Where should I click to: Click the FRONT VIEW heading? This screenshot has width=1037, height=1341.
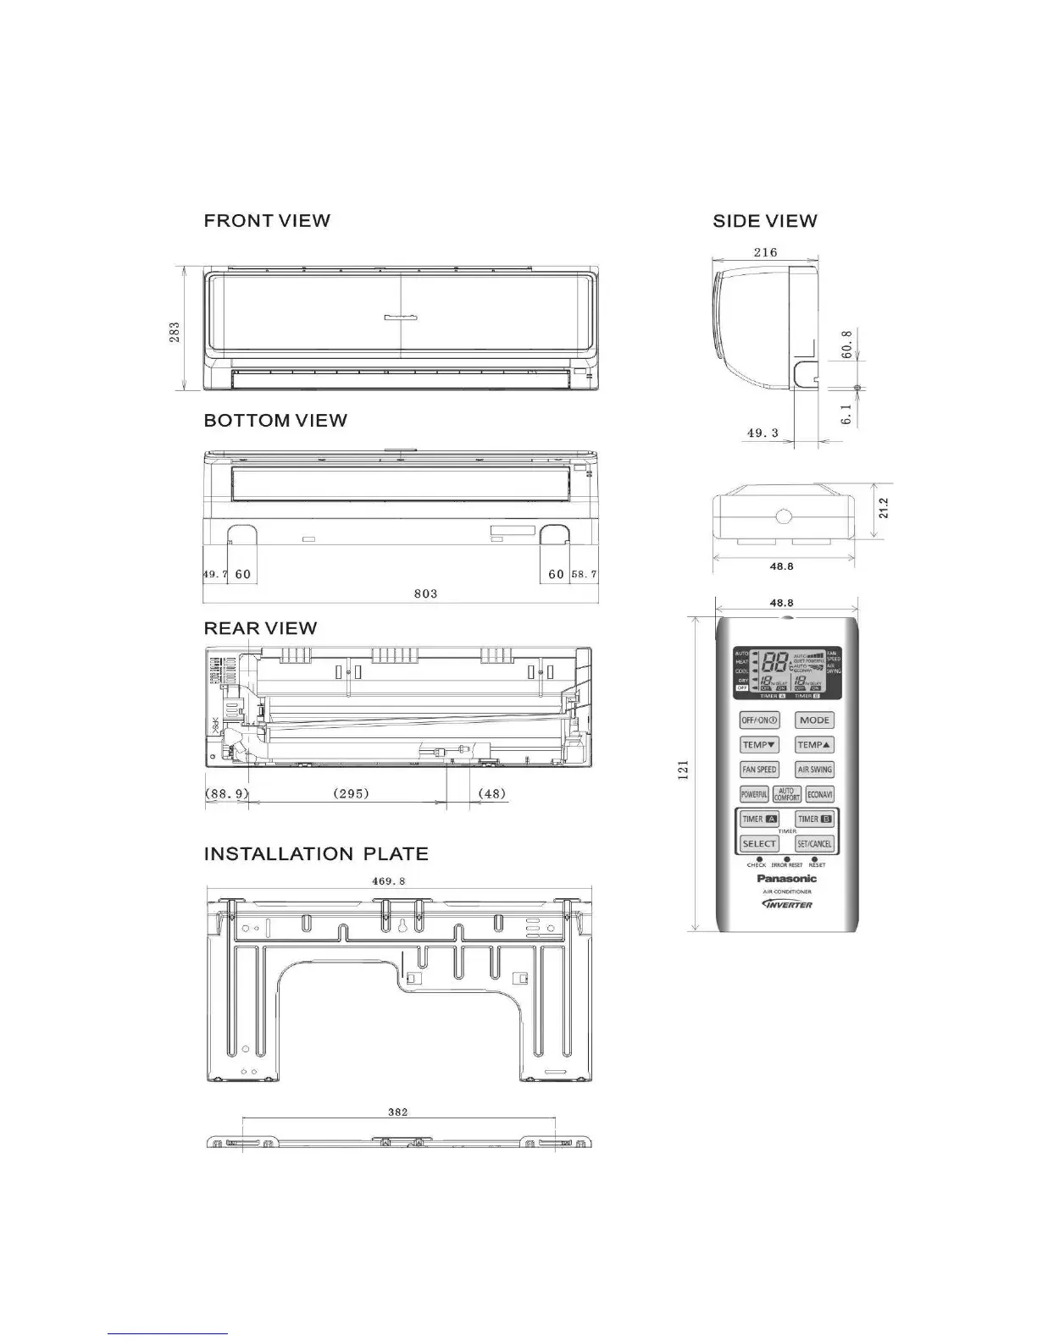coord(267,221)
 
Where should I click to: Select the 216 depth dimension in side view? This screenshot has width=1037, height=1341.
coord(765,251)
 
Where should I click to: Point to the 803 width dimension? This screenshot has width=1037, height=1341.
coord(425,593)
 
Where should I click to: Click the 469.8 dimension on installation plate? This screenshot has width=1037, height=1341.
coord(390,880)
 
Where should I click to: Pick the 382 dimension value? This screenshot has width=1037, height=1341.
coord(397,1112)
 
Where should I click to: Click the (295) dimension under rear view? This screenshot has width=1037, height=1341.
coord(350,793)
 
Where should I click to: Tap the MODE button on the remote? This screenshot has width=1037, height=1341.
coord(814,720)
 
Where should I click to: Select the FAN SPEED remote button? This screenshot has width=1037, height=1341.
coord(759,770)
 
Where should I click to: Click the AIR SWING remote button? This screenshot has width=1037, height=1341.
coord(814,770)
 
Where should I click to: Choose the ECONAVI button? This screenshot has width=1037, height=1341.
coord(819,795)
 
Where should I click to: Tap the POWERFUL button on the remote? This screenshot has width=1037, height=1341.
coord(754,795)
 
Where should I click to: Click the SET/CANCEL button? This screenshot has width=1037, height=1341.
coord(814,843)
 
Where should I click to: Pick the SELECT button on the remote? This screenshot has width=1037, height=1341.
coord(759,843)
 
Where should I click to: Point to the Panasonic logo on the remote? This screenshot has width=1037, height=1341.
coord(786,879)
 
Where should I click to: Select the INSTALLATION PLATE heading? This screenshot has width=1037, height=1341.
coord(316,854)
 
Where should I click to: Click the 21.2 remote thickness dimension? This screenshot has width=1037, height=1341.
coord(884,508)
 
